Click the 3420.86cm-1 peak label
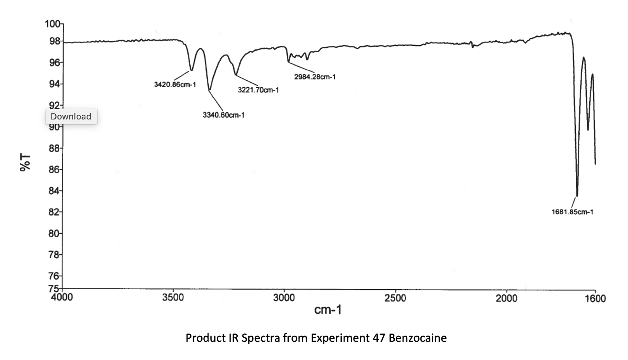(x=175, y=84)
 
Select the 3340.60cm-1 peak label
(x=223, y=115)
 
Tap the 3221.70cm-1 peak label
(x=258, y=90)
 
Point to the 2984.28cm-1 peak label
(x=315, y=77)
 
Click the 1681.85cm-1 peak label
(x=572, y=212)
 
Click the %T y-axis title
(x=25, y=163)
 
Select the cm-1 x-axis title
(x=328, y=309)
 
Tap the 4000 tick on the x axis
(x=62, y=297)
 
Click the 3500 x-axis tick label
(x=173, y=297)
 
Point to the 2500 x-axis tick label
(x=395, y=297)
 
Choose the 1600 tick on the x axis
(x=595, y=298)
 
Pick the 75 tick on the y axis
(x=54, y=288)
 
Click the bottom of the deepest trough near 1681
(x=577, y=195)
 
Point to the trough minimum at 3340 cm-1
(x=210, y=90)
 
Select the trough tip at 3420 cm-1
(x=191, y=70)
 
